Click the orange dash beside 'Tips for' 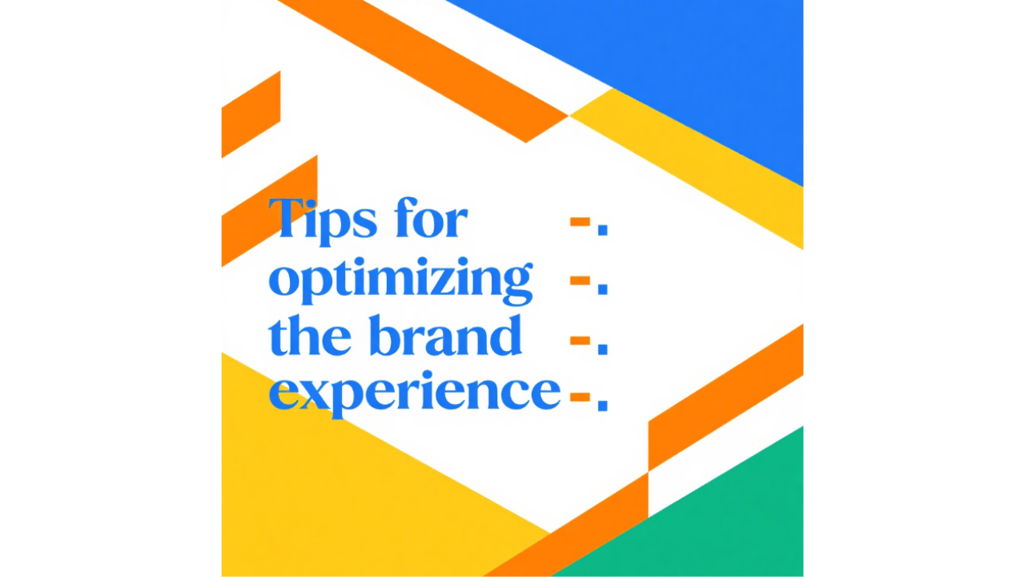pyautogui.click(x=580, y=222)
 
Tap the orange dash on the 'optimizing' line pyautogui.click(x=580, y=280)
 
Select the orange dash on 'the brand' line pyautogui.click(x=580, y=340)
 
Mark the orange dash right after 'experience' pyautogui.click(x=580, y=396)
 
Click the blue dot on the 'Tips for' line pyautogui.click(x=603, y=230)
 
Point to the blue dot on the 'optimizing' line pyautogui.click(x=603, y=288)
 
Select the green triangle pyautogui.click(x=721, y=521)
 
